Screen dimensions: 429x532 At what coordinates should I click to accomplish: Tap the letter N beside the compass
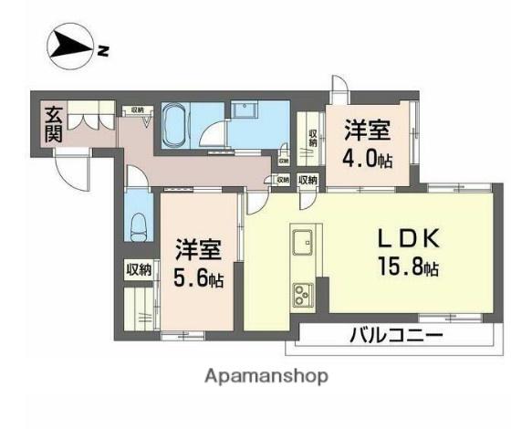point(103,51)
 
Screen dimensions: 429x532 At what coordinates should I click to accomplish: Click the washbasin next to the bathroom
point(245,110)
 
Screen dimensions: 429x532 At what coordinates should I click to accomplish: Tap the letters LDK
point(410,240)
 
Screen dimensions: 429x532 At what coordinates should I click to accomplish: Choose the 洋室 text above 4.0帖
point(366,130)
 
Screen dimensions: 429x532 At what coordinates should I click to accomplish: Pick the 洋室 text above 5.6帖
point(198,248)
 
